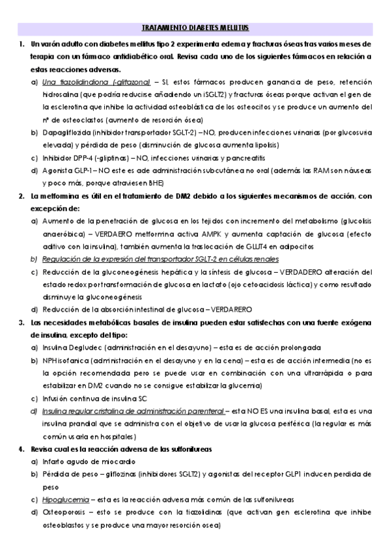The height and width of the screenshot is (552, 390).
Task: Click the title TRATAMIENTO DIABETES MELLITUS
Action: [x=195, y=29]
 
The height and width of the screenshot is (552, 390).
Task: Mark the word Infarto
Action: [x=52, y=461]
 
